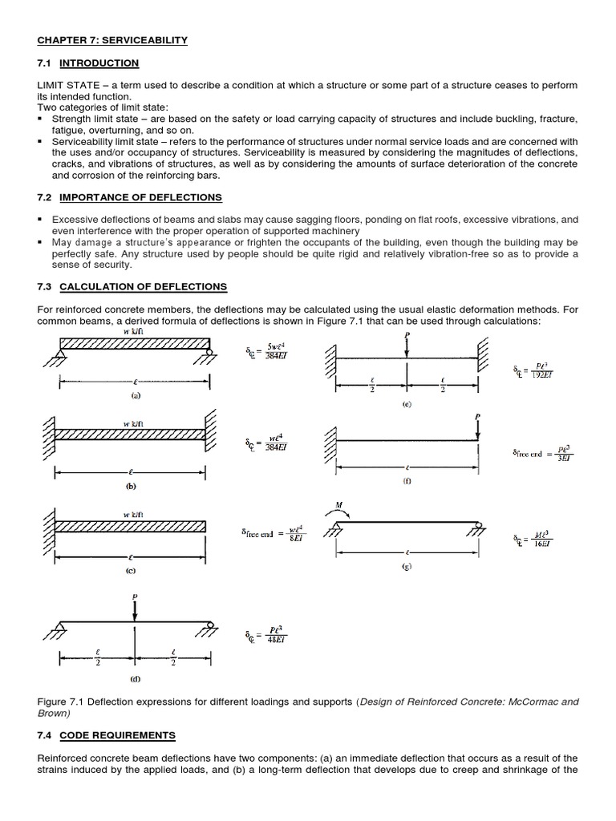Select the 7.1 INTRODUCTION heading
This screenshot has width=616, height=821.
point(87,63)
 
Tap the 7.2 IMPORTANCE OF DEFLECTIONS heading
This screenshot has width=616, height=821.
point(129,197)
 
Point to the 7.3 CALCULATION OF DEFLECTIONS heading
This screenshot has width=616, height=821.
point(132,286)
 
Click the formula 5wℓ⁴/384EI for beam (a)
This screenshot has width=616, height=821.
point(265,350)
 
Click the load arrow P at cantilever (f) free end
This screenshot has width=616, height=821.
point(477,427)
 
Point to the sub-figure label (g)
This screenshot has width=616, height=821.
point(407,566)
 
